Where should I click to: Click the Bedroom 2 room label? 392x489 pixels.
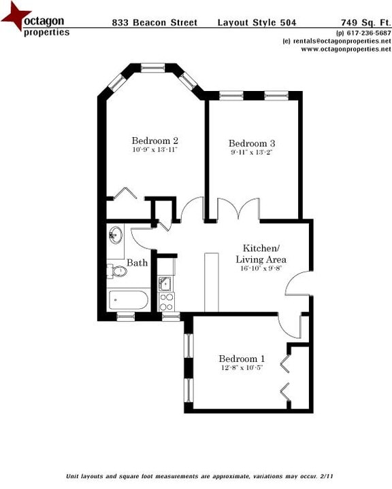pyautogui.click(x=154, y=141)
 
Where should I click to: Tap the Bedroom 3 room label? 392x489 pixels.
pyautogui.click(x=251, y=143)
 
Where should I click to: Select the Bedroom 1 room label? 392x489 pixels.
pyautogui.click(x=242, y=359)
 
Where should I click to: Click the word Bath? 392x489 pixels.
pyautogui.click(x=137, y=263)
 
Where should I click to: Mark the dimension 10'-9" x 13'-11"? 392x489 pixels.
pyautogui.click(x=154, y=149)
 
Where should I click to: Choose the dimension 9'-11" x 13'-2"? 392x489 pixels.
pyautogui.click(x=251, y=152)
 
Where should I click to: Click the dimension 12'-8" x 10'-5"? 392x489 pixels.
pyautogui.click(x=242, y=367)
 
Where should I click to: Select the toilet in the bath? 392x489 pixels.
pyautogui.click(x=118, y=272)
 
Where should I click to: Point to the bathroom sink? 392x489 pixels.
pyautogui.click(x=115, y=236)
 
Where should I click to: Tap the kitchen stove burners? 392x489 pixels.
pyautogui.click(x=167, y=301)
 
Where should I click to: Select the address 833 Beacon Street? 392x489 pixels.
pyautogui.click(x=154, y=23)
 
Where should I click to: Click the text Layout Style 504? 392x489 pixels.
pyautogui.click(x=252, y=23)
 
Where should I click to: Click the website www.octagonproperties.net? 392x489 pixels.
pyautogui.click(x=346, y=49)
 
